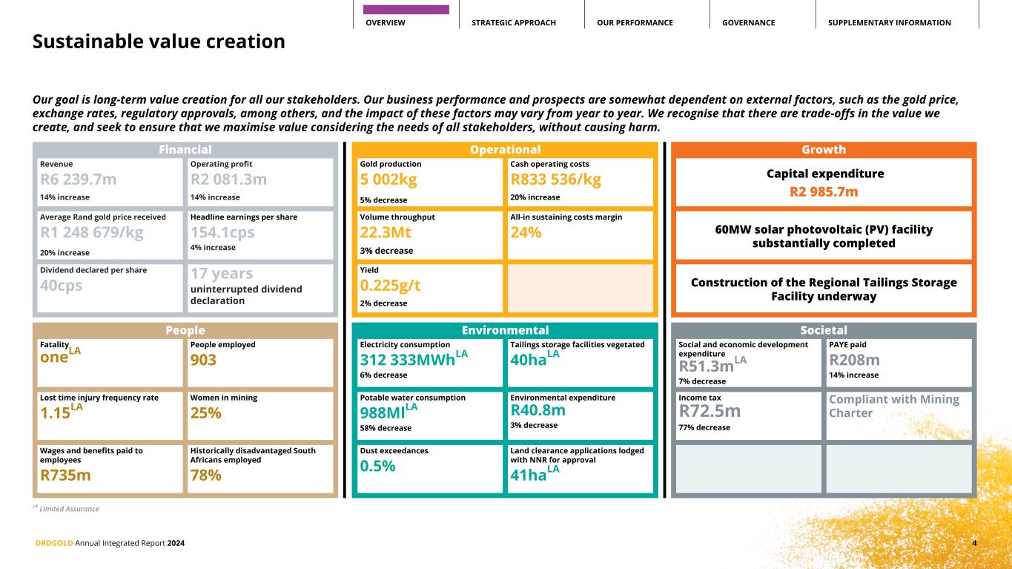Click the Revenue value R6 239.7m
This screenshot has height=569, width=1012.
click(78, 180)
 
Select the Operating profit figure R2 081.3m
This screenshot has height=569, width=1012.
click(228, 180)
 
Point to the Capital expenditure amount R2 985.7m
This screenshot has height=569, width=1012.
click(823, 192)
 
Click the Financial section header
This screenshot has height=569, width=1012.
click(185, 150)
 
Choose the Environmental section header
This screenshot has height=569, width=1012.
click(504, 330)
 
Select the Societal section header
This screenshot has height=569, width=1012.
click(823, 330)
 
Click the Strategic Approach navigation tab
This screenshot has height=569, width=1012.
click(513, 23)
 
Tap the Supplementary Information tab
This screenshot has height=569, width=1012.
click(889, 23)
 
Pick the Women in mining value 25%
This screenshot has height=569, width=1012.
click(205, 413)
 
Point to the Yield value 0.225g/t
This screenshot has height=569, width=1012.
click(390, 286)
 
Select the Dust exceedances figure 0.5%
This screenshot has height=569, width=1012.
click(377, 466)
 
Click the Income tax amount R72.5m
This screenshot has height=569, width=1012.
click(710, 410)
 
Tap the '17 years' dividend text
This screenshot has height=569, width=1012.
click(221, 274)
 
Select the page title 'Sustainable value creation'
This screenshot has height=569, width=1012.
click(159, 42)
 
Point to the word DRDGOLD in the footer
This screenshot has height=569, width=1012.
click(54, 543)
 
